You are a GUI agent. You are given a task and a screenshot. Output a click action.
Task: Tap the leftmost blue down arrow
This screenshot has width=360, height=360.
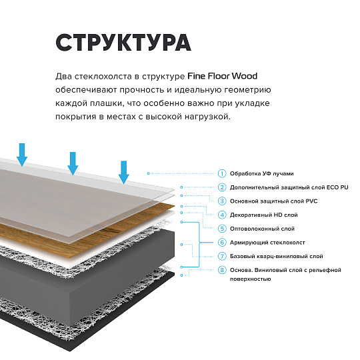point(23,153)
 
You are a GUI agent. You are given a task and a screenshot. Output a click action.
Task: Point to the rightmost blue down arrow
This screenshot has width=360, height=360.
point(123,171)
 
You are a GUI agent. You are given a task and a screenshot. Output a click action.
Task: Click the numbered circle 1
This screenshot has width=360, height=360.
point(222,173)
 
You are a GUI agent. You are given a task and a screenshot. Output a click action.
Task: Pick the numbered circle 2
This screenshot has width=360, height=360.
point(222,187)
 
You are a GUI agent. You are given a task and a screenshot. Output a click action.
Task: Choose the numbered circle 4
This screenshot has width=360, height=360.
point(222,215)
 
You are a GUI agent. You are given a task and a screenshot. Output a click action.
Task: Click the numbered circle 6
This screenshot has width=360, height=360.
point(222,242)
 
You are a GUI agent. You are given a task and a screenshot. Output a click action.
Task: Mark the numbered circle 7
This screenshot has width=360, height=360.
point(222,256)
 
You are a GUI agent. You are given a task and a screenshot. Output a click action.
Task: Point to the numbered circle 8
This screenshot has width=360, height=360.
point(222,270)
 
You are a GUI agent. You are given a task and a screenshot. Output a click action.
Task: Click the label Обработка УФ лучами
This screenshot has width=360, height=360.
point(261,173)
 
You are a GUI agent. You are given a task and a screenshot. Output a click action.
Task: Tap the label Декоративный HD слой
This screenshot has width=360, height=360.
point(263,215)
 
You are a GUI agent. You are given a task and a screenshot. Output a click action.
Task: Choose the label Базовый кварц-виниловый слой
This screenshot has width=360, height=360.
point(276,256)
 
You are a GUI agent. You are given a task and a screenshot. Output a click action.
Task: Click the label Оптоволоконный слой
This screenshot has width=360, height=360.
point(261,228)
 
